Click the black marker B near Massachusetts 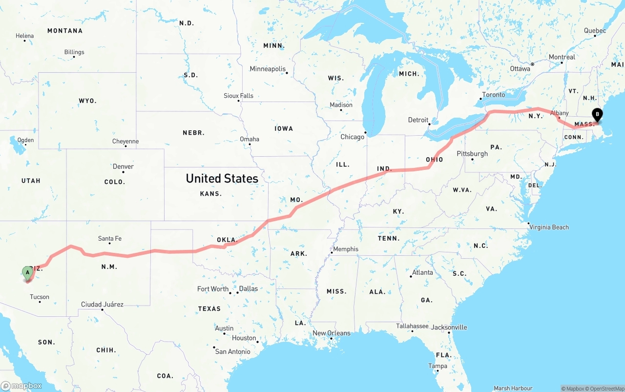[x=597, y=115]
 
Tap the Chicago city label [x=352, y=137]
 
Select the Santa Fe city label [x=109, y=239]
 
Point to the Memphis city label [x=346, y=249]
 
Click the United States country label [x=222, y=179]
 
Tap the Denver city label [x=123, y=166]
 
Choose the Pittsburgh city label [x=472, y=154]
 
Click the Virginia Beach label [x=549, y=227]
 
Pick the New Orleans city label [x=332, y=333]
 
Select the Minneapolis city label [x=268, y=69]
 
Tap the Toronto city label [x=494, y=95]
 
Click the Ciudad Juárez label [x=102, y=305]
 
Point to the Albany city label [x=560, y=113]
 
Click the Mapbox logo [x=21, y=386]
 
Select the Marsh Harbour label [x=513, y=389]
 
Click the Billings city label [x=74, y=52]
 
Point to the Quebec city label [x=595, y=31]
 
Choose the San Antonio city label [x=232, y=351]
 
